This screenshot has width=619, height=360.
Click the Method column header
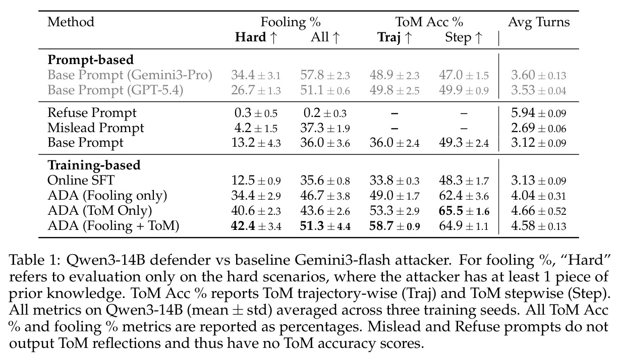click(x=71, y=22)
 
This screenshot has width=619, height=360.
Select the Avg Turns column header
click(x=539, y=22)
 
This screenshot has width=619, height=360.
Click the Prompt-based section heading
click(x=90, y=60)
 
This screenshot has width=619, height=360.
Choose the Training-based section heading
click(x=94, y=165)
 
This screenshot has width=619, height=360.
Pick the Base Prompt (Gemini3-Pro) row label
click(x=130, y=75)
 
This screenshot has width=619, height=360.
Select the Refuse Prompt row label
click(x=92, y=113)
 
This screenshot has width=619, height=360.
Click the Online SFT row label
click(x=81, y=181)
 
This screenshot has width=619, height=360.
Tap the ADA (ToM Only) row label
click(x=100, y=211)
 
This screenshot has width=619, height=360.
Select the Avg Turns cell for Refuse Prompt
click(x=539, y=113)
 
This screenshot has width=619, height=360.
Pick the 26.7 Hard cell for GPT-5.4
click(x=256, y=90)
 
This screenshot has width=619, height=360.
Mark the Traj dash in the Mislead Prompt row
click(x=395, y=128)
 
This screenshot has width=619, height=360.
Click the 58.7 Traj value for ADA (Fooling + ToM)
click(x=395, y=226)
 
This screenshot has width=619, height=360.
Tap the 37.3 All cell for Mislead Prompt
click(x=325, y=128)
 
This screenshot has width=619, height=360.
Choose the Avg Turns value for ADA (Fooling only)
click(x=539, y=196)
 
